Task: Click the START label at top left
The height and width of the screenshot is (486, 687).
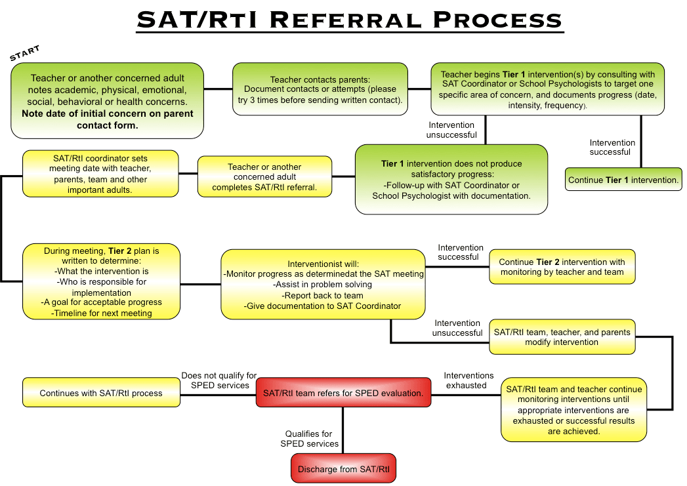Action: [x=25, y=53]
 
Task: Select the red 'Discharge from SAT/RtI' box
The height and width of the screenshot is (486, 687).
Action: [x=343, y=469]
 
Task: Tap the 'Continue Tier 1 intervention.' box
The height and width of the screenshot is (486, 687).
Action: [x=623, y=180]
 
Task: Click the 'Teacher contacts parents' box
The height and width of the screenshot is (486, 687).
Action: [x=320, y=89]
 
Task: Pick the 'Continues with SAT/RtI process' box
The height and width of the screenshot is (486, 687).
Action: [x=101, y=393]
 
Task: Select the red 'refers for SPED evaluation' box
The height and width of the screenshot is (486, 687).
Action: [x=343, y=393]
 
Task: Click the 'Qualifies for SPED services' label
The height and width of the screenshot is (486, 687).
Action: [x=309, y=439]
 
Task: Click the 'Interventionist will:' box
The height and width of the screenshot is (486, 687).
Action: [x=323, y=284]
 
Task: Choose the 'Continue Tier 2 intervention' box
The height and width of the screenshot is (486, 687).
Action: [x=562, y=267]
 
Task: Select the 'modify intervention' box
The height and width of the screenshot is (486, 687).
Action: [x=562, y=336]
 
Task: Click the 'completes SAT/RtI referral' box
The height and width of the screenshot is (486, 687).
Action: [x=264, y=177]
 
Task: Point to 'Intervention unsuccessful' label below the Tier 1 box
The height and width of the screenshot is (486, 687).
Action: [x=452, y=129]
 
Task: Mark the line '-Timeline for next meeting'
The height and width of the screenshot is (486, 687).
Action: [x=101, y=313]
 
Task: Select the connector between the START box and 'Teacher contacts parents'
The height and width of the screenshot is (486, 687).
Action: [x=218, y=89]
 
